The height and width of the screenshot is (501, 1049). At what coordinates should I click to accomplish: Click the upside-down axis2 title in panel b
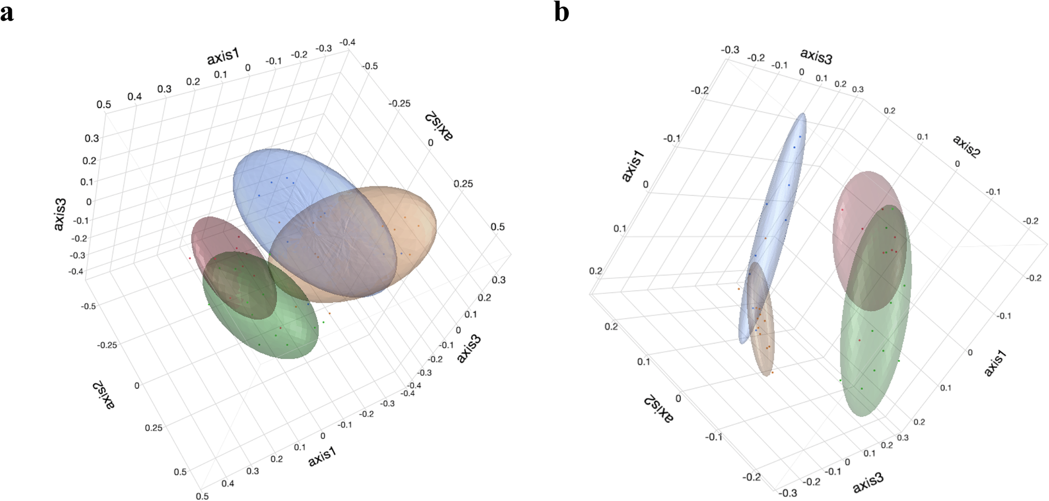(x=657, y=409)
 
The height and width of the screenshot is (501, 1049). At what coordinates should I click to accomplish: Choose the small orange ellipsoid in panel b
(x=764, y=345)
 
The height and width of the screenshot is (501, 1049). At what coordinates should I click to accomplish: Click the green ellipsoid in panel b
(x=873, y=356)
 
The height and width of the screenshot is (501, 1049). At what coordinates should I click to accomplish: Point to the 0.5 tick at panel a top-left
(x=103, y=105)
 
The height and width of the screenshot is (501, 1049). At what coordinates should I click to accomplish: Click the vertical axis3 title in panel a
(x=60, y=215)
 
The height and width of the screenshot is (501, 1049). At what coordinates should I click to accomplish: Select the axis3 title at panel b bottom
(x=868, y=482)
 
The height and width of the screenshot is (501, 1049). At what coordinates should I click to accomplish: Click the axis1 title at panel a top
(x=223, y=56)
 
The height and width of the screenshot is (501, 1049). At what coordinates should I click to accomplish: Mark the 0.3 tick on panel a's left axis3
(x=92, y=138)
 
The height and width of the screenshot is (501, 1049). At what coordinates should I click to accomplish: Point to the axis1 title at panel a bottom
(x=322, y=456)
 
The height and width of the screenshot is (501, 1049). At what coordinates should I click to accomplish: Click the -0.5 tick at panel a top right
(x=369, y=66)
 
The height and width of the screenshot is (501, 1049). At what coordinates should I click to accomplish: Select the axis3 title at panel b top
(x=816, y=56)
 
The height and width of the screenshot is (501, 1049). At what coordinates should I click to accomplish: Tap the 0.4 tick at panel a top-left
(x=134, y=97)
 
